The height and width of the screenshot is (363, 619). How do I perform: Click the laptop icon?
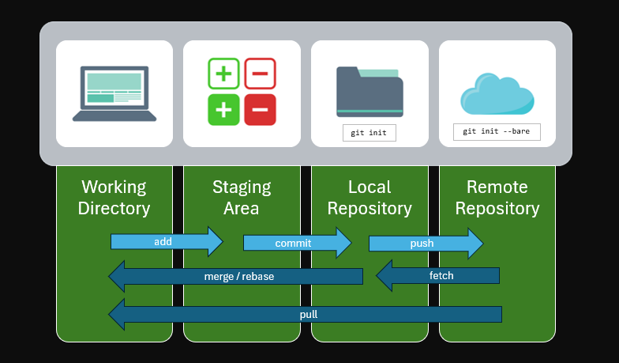coord(114,93)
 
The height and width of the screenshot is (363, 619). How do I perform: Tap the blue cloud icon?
coord(497,94)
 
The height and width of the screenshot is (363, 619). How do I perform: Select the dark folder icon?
coord(370,92)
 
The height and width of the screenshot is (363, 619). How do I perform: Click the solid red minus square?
coord(260,110)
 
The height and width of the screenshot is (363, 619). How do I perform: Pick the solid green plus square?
coord(223,110)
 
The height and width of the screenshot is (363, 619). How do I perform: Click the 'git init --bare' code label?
coord(497,131)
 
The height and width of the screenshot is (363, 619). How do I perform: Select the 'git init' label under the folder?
coord(369,132)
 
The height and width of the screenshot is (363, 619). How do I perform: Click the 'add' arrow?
coord(167,241)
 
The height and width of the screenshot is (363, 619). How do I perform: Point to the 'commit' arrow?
coord(297,243)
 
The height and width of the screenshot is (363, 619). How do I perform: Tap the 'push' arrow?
coord(425,243)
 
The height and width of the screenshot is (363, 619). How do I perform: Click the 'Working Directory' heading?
coord(114,198)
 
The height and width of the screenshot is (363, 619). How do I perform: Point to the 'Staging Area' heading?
coord(242,198)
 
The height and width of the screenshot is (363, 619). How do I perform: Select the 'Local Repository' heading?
coord(370,198)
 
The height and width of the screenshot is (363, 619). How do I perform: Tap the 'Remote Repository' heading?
coord(497,198)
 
